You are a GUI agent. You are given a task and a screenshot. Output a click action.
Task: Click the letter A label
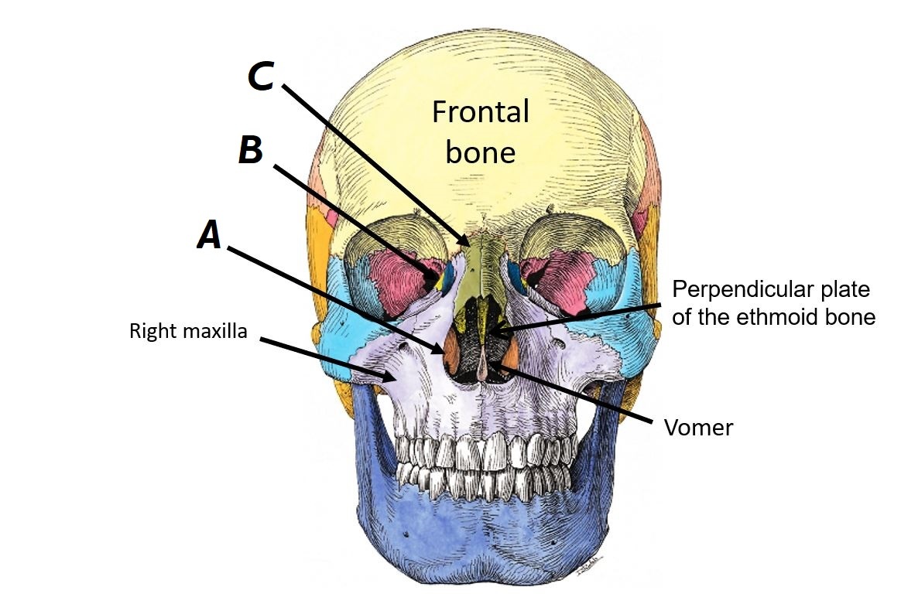click(209, 234)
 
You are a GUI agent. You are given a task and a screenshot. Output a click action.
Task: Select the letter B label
click(251, 150)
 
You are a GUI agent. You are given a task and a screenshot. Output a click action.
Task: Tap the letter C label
click(260, 76)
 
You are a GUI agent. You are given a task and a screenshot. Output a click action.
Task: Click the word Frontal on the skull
click(480, 112)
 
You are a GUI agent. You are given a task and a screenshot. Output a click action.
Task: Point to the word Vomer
click(698, 427)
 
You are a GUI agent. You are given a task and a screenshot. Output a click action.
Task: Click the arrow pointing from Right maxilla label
click(325, 358)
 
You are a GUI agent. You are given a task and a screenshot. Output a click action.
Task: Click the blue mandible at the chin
click(480, 541)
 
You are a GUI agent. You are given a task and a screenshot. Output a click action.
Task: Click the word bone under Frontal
click(480, 152)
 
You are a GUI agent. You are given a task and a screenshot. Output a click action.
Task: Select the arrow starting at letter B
click(356, 220)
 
